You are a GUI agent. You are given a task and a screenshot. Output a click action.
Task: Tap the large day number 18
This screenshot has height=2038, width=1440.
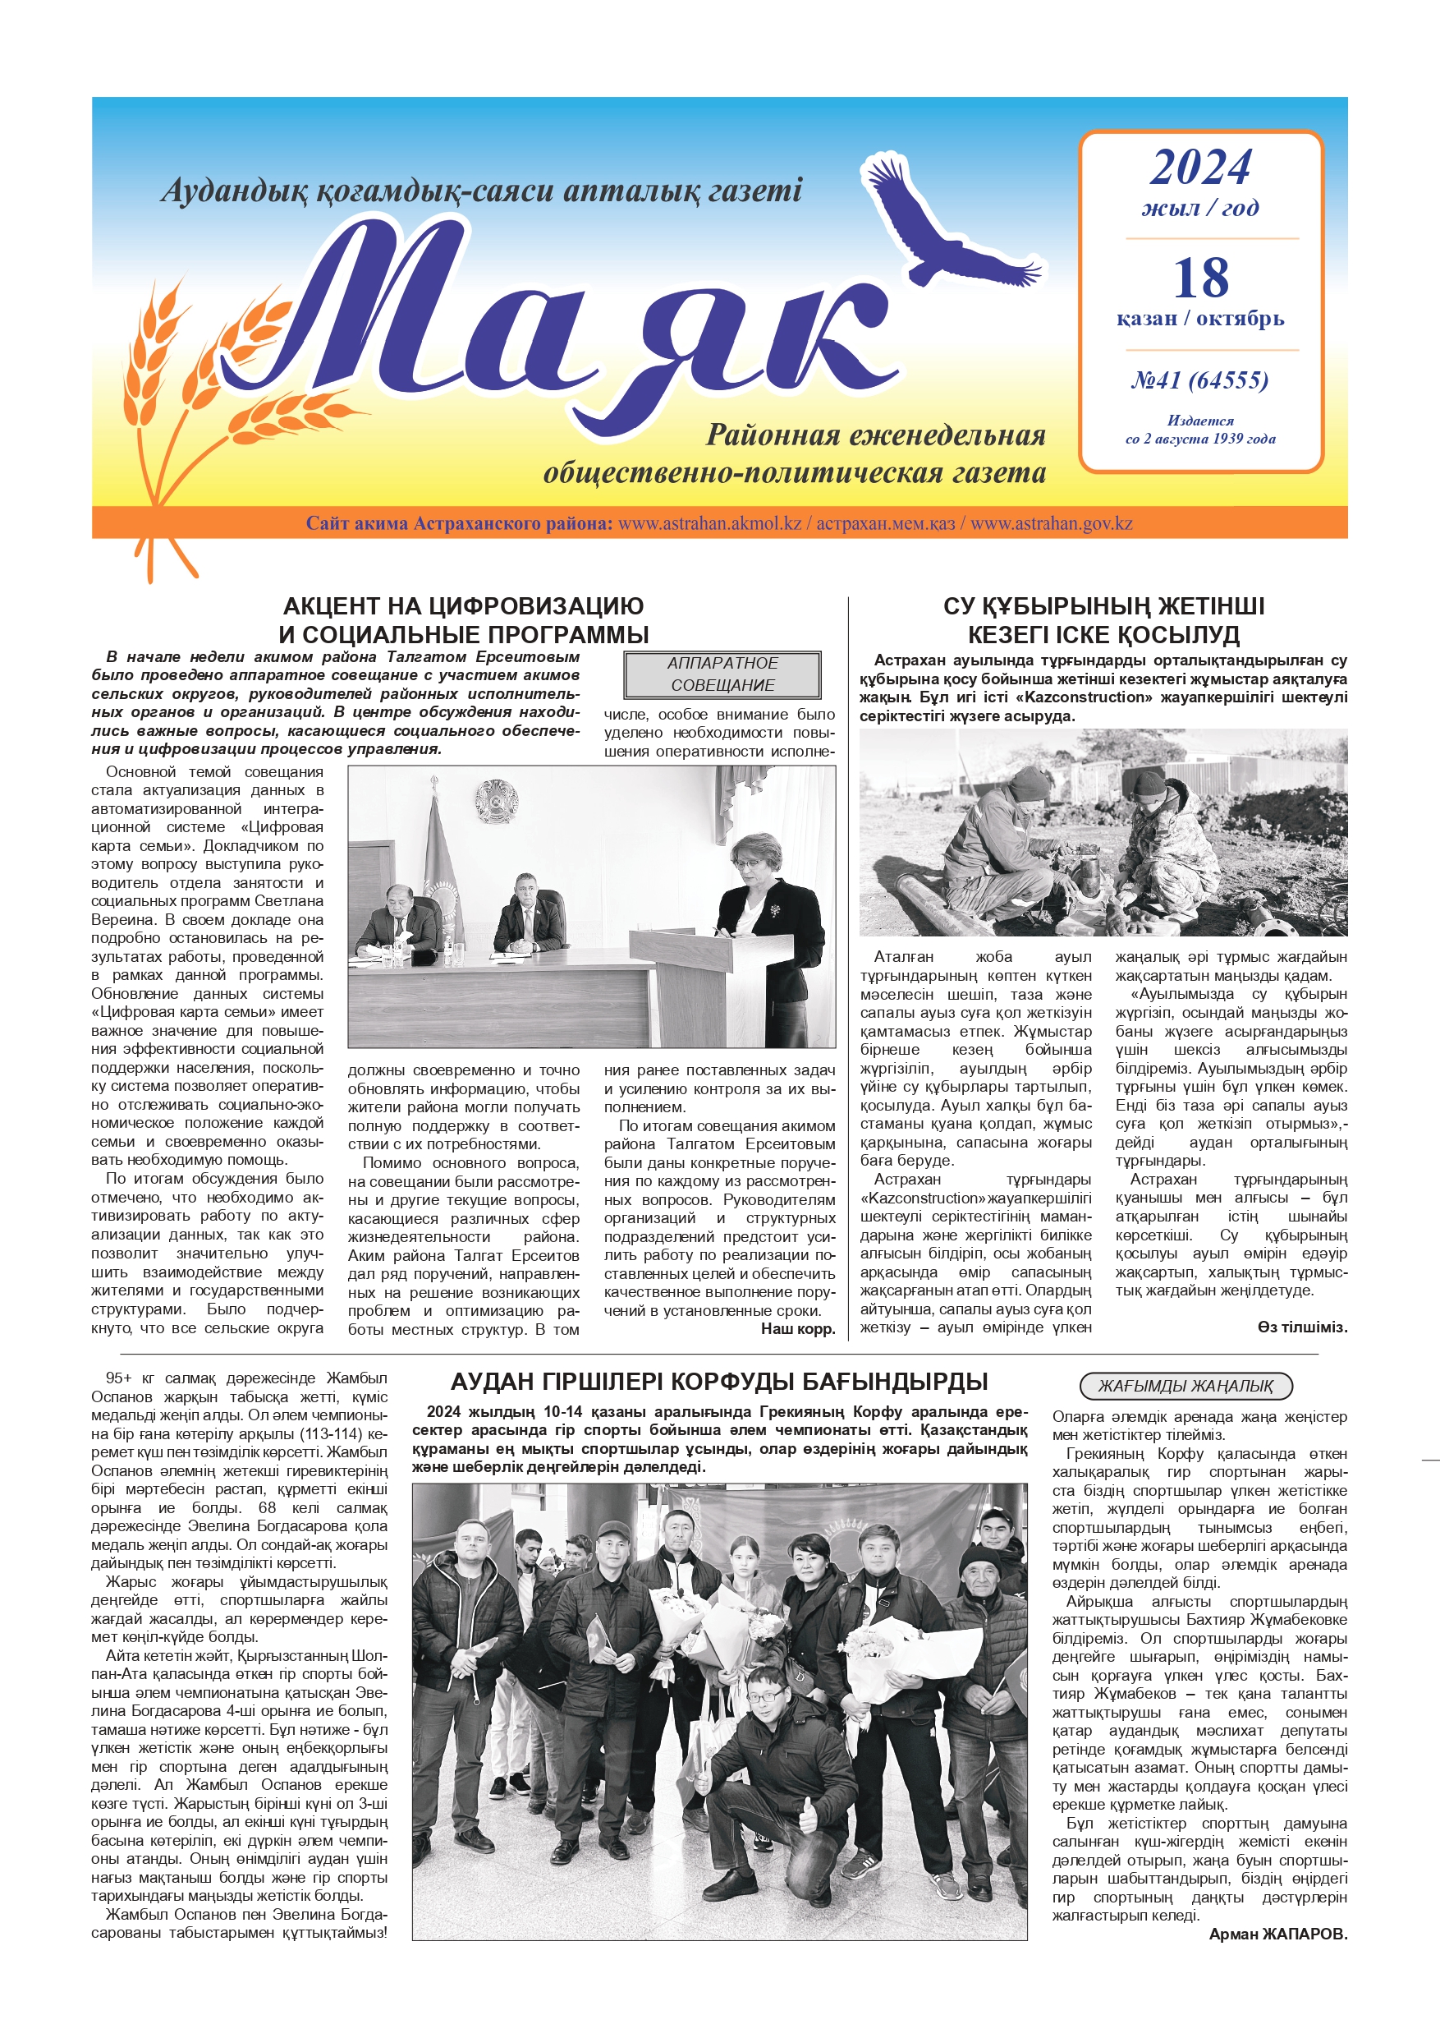[x=1200, y=278]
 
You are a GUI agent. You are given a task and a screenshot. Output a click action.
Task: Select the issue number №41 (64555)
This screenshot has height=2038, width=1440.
[x=1199, y=380]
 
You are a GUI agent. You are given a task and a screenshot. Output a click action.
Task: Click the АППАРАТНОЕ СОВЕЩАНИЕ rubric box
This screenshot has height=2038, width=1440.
[x=722, y=674]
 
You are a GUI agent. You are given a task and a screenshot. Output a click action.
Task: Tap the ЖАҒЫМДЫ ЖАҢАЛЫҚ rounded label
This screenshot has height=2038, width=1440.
[x=1185, y=1386]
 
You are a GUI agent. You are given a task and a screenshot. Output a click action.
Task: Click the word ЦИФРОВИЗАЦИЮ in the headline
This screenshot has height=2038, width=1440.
[x=536, y=606]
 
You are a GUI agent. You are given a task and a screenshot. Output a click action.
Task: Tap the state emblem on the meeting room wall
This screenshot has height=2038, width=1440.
[x=493, y=800]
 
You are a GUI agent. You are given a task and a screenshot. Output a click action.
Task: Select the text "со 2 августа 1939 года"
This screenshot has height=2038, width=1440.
[x=1199, y=439]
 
